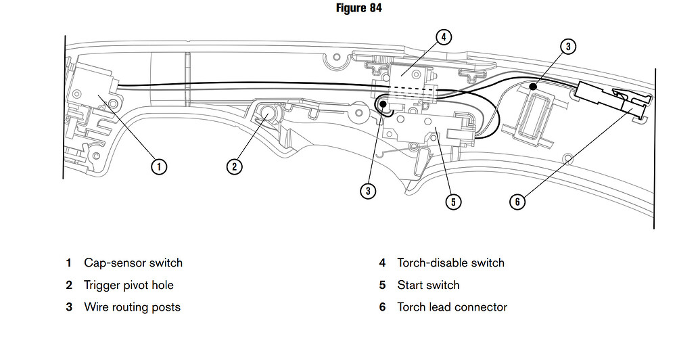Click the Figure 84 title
(x=358, y=8)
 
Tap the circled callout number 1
(x=158, y=166)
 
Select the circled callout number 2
(x=234, y=166)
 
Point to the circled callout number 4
(x=443, y=37)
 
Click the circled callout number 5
(x=453, y=201)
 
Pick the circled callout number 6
(x=517, y=201)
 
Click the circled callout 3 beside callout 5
(x=367, y=191)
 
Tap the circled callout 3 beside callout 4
(x=567, y=47)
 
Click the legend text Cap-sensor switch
(x=133, y=263)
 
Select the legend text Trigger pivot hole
(x=129, y=285)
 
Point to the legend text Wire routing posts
(x=132, y=307)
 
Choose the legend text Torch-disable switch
(x=450, y=263)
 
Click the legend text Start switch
(x=428, y=285)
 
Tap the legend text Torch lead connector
(x=452, y=307)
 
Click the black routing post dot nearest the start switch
(x=383, y=105)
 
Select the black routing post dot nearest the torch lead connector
(x=533, y=87)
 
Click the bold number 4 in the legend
(x=382, y=263)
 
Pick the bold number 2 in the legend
(x=68, y=285)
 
